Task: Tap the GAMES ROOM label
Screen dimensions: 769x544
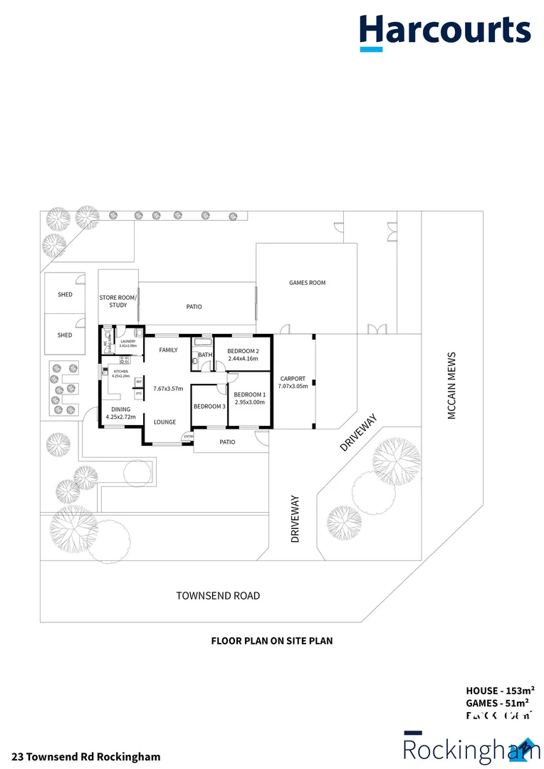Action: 307,283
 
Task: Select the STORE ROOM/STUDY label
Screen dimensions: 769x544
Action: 118,300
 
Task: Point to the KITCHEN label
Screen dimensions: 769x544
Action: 120,372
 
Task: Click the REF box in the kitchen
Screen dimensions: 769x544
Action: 140,381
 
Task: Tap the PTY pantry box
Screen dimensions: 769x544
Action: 140,393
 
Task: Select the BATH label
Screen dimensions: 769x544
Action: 205,355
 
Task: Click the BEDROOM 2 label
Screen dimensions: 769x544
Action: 243,351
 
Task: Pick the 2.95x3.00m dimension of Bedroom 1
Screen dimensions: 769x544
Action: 249,402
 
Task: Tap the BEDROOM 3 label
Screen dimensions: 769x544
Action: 209,407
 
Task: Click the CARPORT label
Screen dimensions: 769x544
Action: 292,379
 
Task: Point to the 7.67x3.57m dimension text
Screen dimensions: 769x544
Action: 169,389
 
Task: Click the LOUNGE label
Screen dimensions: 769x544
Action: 164,422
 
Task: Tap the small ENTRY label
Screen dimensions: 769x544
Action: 188,436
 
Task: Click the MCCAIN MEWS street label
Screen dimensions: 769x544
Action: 451,385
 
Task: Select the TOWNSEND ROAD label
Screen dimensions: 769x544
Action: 218,595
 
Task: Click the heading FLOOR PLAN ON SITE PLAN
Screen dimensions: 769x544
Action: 271,641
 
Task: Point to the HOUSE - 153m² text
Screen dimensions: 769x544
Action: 500,690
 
